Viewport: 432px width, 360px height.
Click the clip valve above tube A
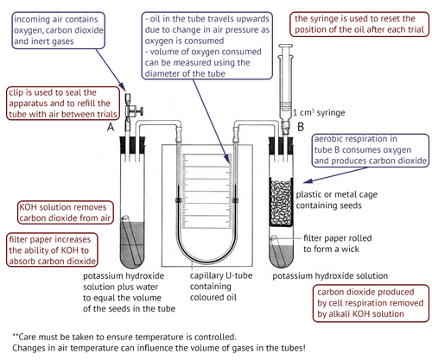[128, 107]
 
